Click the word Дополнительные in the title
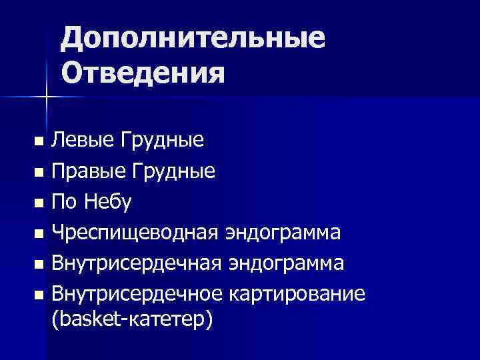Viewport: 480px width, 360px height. pyautogui.click(x=193, y=40)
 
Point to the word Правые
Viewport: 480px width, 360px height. pyautogui.click(x=88, y=172)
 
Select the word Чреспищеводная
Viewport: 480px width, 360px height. pyautogui.click(x=137, y=233)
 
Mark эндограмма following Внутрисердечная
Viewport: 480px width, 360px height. pyautogui.click(x=289, y=263)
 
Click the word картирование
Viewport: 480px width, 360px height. pyautogui.click(x=297, y=294)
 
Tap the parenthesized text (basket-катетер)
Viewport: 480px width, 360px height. pyautogui.click(x=132, y=319)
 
